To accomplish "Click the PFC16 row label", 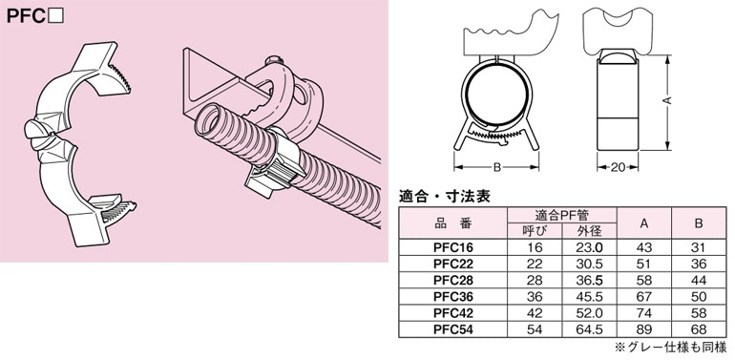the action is tap(453, 248).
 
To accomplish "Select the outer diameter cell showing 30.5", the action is tap(589, 264).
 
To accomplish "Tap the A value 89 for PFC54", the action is tap(644, 329).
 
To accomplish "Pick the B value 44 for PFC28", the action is tap(699, 281).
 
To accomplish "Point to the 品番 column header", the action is tap(452, 223).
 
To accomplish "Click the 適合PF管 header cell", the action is tap(561, 216).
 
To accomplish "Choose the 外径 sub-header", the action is tap(589, 231).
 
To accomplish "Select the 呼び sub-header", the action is tap(535, 231).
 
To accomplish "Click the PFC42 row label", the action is tap(453, 312).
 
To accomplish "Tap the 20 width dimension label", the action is tap(619, 167).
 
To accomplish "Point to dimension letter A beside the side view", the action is tap(669, 100).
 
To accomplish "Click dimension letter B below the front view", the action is tap(497, 167).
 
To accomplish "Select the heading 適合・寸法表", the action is tap(444, 196).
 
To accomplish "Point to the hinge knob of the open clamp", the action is tap(37, 130).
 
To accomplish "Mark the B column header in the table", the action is tap(699, 223).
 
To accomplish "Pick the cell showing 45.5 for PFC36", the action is tap(589, 297).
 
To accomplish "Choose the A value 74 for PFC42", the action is tap(644, 312).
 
